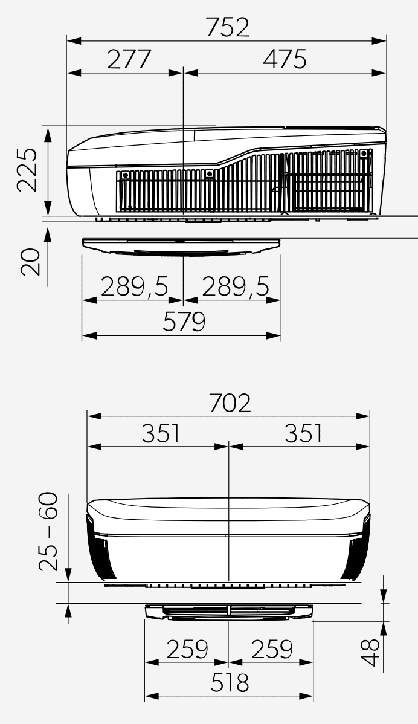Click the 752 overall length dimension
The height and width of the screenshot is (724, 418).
[x=228, y=27]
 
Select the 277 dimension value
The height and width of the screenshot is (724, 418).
[x=129, y=59]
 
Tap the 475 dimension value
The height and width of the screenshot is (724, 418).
[x=285, y=59]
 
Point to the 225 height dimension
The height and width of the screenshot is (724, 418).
[x=27, y=169]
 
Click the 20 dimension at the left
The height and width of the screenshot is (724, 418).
[x=30, y=262]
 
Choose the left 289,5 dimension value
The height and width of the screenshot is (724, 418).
[x=134, y=287]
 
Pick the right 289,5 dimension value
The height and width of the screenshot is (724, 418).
[x=236, y=287]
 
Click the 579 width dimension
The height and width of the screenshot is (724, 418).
[x=184, y=322]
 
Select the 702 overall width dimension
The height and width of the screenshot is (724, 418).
[x=230, y=403]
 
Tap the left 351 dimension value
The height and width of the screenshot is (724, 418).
[x=161, y=433]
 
